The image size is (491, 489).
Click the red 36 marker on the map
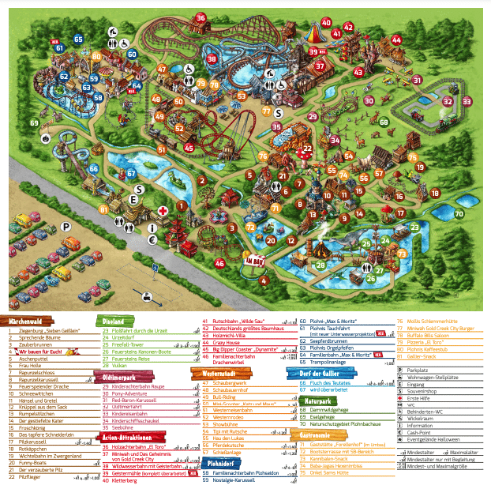(x=201, y=18)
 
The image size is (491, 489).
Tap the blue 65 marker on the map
(x=79, y=38)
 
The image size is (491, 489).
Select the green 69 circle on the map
(x=33, y=122)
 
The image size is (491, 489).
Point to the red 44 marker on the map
(x=396, y=40)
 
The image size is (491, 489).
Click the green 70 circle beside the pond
(x=459, y=213)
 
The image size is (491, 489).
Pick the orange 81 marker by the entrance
(x=103, y=209)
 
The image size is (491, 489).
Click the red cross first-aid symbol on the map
(x=163, y=212)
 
